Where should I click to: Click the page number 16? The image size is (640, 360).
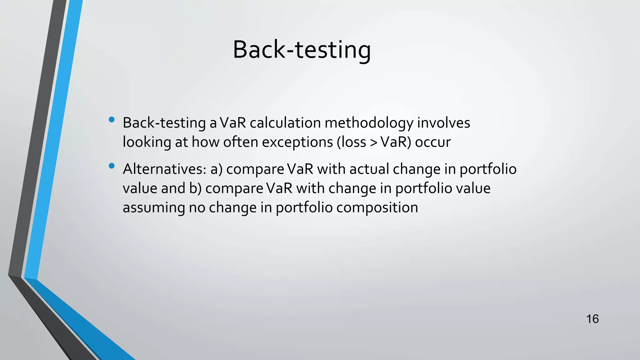click(592, 319)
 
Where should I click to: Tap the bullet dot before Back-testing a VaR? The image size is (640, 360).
click(112, 120)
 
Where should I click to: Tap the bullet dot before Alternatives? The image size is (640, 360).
click(112, 166)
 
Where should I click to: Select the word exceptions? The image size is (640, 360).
click(297, 142)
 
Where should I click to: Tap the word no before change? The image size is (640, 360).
click(197, 208)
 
